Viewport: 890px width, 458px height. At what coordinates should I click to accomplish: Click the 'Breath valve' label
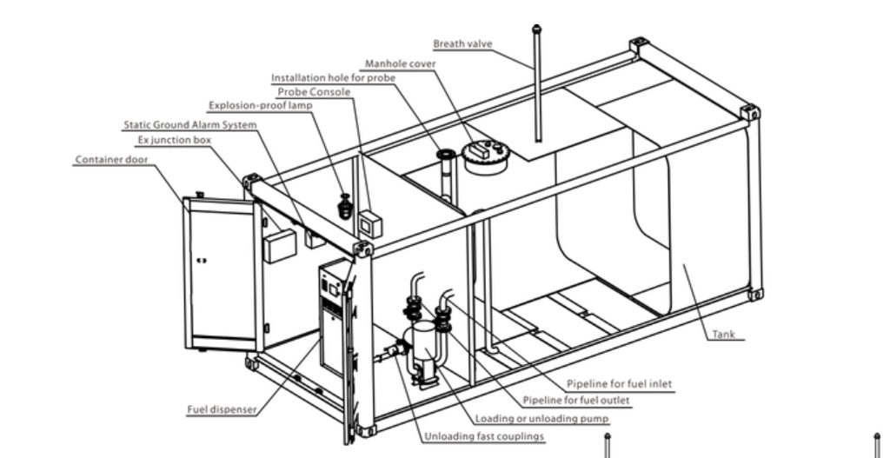[462, 43]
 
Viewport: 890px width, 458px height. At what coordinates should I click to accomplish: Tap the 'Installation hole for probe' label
[333, 77]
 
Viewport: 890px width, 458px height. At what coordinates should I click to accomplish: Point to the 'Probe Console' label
[314, 91]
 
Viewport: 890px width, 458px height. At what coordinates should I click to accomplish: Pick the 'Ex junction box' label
[174, 140]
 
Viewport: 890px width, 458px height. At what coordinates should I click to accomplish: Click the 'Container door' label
[111, 160]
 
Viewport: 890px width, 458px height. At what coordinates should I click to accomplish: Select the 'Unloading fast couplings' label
[484, 436]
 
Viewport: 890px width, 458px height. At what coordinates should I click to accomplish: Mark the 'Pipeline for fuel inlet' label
[619, 383]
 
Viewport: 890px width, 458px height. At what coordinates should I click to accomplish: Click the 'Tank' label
[723, 334]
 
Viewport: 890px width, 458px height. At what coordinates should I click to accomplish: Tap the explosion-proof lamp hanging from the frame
[345, 207]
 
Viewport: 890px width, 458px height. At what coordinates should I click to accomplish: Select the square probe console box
[370, 223]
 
